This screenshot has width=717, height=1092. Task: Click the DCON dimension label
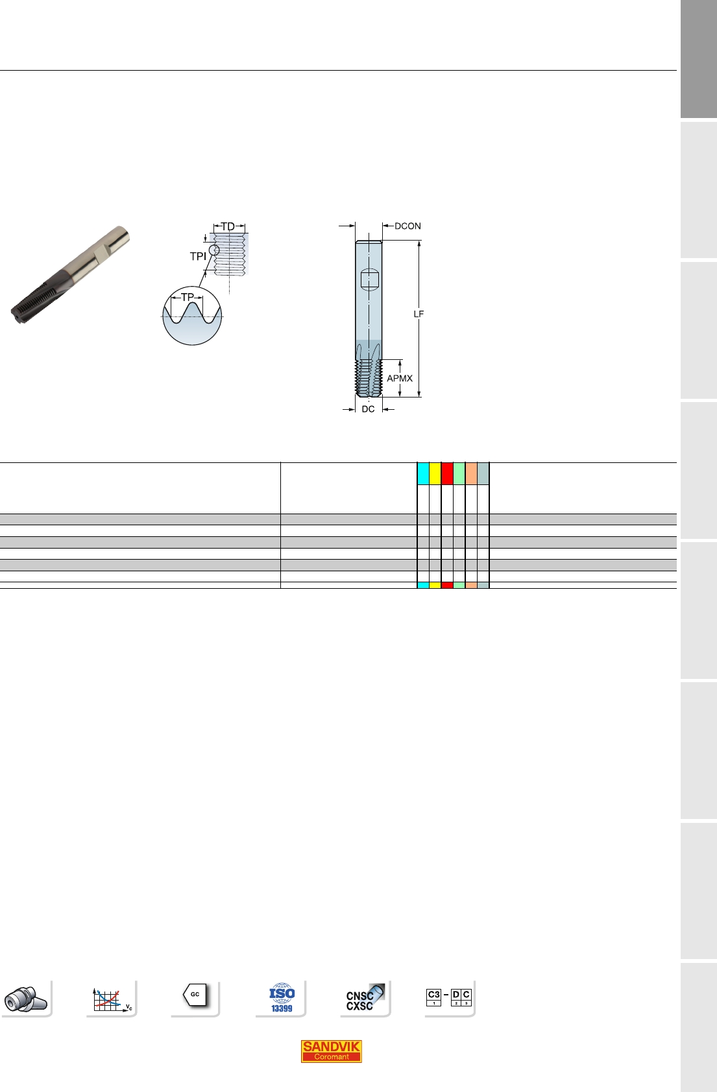tap(407, 226)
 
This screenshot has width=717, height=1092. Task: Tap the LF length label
tap(419, 314)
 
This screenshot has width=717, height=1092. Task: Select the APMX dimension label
tap(400, 378)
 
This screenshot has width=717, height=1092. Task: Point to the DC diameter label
tap(368, 409)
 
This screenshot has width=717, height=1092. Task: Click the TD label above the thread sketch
tap(228, 227)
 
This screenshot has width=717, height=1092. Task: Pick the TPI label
tap(198, 256)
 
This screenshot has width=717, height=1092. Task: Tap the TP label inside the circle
tap(188, 297)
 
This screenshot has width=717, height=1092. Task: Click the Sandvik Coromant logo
tap(331, 1051)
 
